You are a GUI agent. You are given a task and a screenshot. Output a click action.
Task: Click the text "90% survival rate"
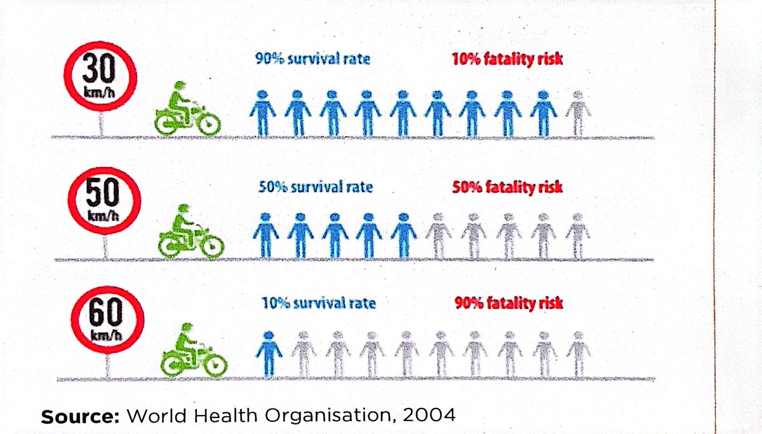point(312,60)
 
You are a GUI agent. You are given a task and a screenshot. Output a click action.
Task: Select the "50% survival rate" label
point(316,187)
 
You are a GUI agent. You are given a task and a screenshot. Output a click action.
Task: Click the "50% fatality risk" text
point(507,187)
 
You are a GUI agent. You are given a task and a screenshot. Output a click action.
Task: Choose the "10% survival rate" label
point(318,303)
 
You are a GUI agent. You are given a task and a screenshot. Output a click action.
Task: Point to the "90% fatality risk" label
point(509,303)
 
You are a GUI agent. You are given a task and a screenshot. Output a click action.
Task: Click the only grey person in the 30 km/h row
point(577,112)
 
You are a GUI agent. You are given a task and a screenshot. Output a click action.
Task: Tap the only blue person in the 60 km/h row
point(269,353)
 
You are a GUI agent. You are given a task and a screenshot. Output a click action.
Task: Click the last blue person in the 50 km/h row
point(404,234)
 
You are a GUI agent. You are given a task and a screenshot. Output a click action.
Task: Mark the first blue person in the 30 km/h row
point(262,112)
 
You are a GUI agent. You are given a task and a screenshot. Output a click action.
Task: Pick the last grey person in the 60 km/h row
point(578,353)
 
